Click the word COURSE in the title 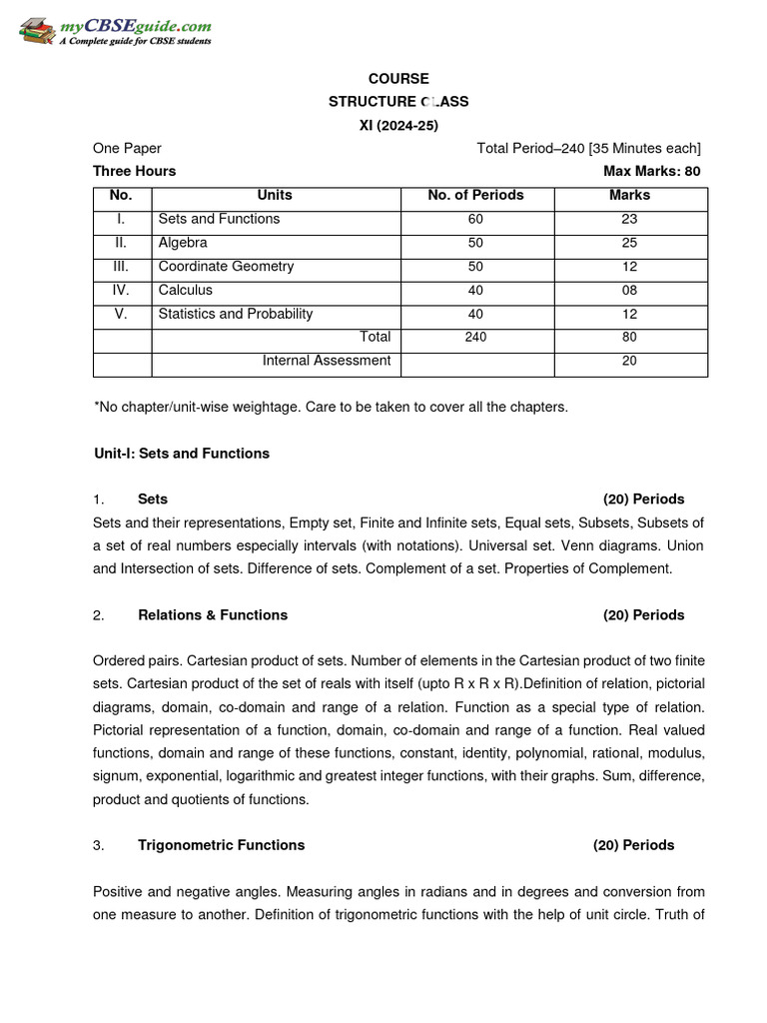click(x=398, y=79)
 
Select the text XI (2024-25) click(x=398, y=125)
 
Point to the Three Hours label click(x=134, y=171)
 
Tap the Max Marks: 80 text click(x=651, y=171)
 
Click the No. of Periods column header click(x=475, y=196)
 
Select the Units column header click(x=275, y=196)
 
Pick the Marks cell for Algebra click(x=629, y=243)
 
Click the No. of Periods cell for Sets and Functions click(x=475, y=219)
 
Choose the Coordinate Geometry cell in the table click(x=226, y=267)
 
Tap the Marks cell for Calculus click(x=629, y=291)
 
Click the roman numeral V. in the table click(x=121, y=314)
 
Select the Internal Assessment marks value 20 click(x=629, y=361)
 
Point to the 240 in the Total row click(x=475, y=338)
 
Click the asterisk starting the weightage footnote click(x=96, y=407)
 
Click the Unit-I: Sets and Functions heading click(x=181, y=454)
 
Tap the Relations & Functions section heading click(x=213, y=615)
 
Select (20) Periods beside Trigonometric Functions click(x=633, y=845)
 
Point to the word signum click(x=115, y=776)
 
